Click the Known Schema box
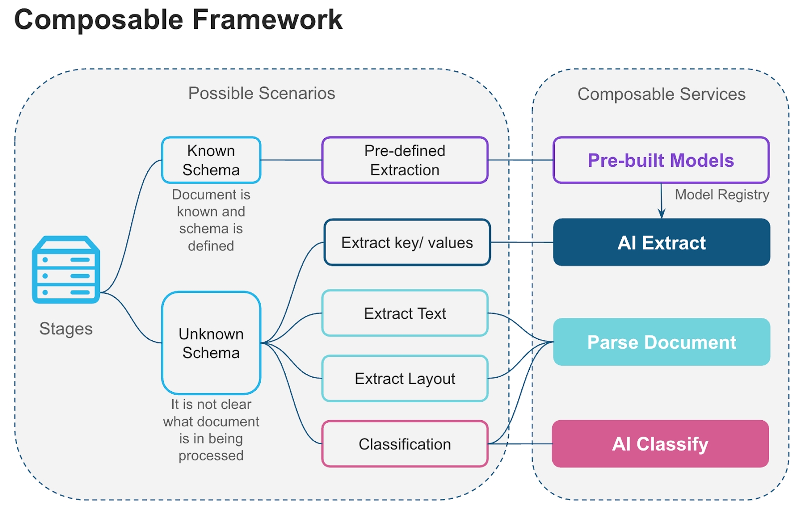click(x=211, y=160)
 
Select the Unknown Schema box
click(x=211, y=343)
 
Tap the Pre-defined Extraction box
click(x=404, y=160)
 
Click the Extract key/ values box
click(x=406, y=243)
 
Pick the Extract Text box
click(x=404, y=313)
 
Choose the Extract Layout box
click(x=404, y=379)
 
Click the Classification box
click(x=404, y=444)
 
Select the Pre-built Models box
click(x=661, y=160)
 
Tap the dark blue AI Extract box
click(x=661, y=243)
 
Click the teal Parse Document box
click(x=661, y=342)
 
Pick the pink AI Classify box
click(x=660, y=444)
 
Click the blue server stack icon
click(x=66, y=270)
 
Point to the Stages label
click(x=66, y=329)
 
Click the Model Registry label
click(x=722, y=195)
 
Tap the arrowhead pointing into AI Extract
click(x=662, y=215)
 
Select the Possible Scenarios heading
click(x=261, y=93)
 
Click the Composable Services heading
click(x=661, y=94)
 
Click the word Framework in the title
click(x=267, y=20)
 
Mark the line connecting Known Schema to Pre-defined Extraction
click(x=291, y=160)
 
